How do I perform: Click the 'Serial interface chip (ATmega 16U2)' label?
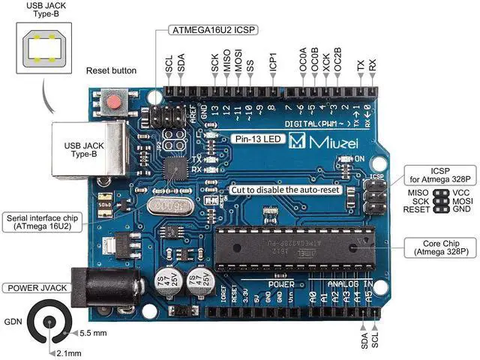(40, 222)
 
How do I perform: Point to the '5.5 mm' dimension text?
(94, 332)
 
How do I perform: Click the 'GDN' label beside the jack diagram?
(13, 322)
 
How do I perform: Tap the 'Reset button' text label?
(112, 70)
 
